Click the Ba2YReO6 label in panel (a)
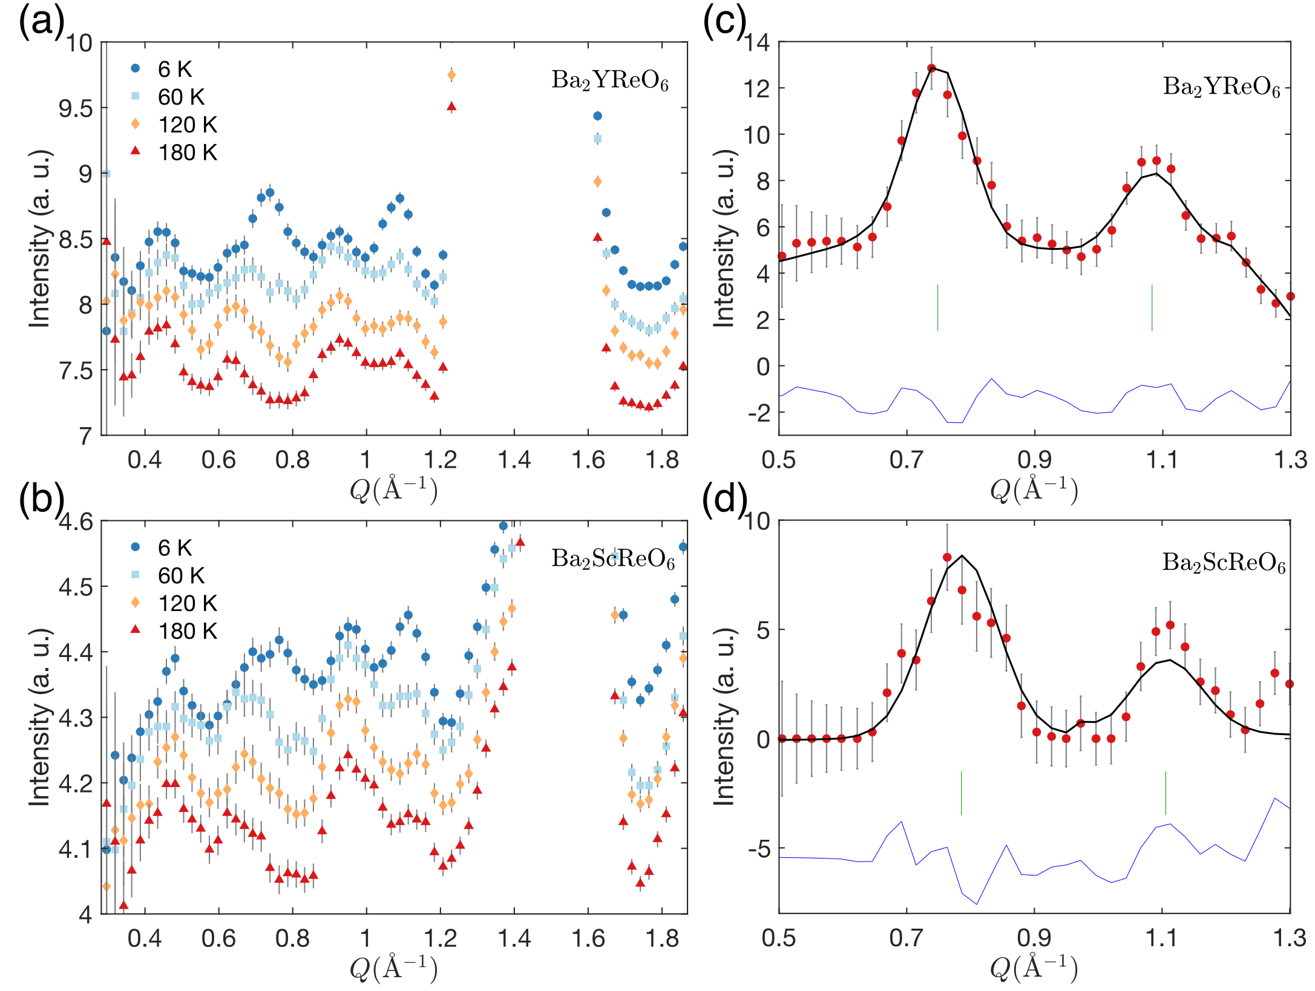(x=609, y=80)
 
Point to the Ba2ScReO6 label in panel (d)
(x=1223, y=563)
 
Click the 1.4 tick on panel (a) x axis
(x=514, y=460)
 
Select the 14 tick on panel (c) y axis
(x=756, y=43)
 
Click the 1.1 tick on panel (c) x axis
(x=1163, y=460)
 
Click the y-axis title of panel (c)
(x=724, y=238)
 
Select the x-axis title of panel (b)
(x=393, y=968)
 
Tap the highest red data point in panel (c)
(x=931, y=68)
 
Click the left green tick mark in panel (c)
(x=937, y=307)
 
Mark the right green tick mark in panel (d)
(x=1166, y=793)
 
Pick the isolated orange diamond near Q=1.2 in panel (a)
(x=451, y=75)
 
